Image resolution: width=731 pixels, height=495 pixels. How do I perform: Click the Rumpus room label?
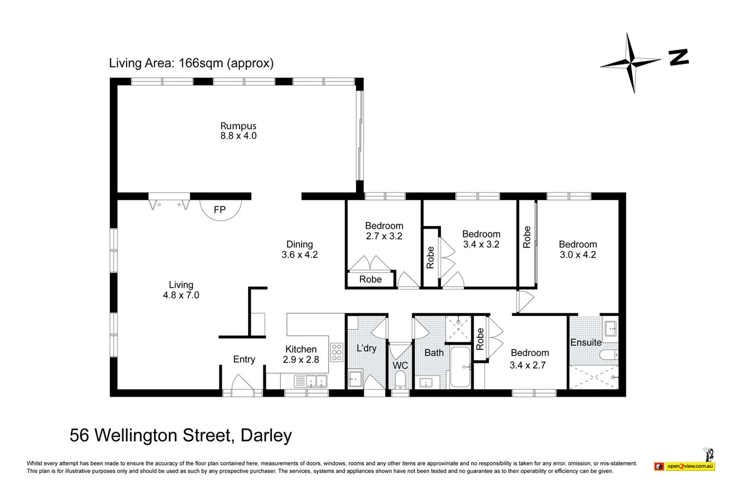[x=238, y=126]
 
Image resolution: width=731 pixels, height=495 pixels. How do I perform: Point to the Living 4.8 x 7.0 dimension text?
[x=181, y=295]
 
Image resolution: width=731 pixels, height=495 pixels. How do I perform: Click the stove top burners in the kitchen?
[x=336, y=352]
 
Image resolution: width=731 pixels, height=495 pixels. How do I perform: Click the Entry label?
[x=244, y=359]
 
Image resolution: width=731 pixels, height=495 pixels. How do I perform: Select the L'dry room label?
[x=366, y=348]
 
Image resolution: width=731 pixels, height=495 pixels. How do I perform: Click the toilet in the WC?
[x=400, y=379]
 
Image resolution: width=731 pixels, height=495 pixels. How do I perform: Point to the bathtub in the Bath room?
[x=460, y=367]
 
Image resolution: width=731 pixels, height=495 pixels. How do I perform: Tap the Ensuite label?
[x=586, y=342]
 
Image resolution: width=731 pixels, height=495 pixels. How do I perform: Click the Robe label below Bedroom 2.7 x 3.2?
[x=370, y=280]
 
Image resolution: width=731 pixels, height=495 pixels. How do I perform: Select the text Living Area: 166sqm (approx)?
[x=191, y=63]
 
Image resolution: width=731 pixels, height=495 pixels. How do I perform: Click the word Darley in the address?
[x=266, y=435]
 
